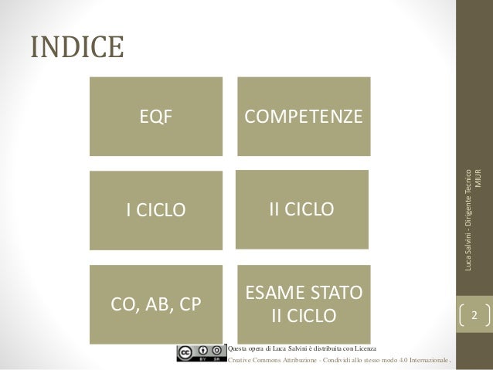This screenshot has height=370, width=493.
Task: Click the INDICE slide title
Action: click(76, 47)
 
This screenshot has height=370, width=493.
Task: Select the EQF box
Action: click(155, 116)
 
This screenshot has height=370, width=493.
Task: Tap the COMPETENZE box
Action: click(302, 116)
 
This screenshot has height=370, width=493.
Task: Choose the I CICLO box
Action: click(155, 209)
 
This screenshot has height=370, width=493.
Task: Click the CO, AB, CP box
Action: click(155, 304)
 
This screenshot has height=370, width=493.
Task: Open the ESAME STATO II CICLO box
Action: click(302, 304)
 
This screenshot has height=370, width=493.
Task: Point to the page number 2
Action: click(474, 316)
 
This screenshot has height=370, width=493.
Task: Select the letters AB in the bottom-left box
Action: click(155, 304)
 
